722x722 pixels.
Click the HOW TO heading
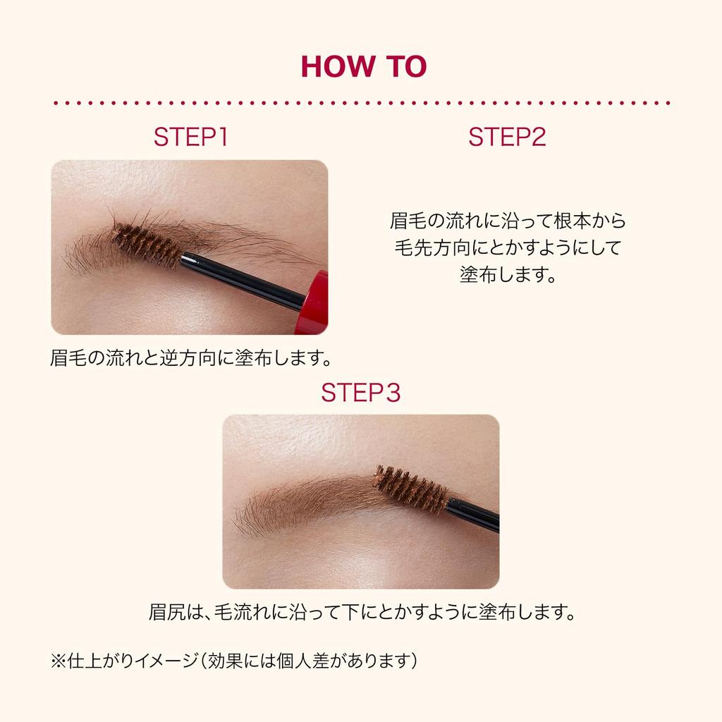364,66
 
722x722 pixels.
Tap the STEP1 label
190,137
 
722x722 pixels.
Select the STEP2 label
507,137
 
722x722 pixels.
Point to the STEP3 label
360,393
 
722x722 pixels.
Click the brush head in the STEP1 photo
147,244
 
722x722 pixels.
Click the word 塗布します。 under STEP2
508,274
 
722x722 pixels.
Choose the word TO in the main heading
406,66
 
